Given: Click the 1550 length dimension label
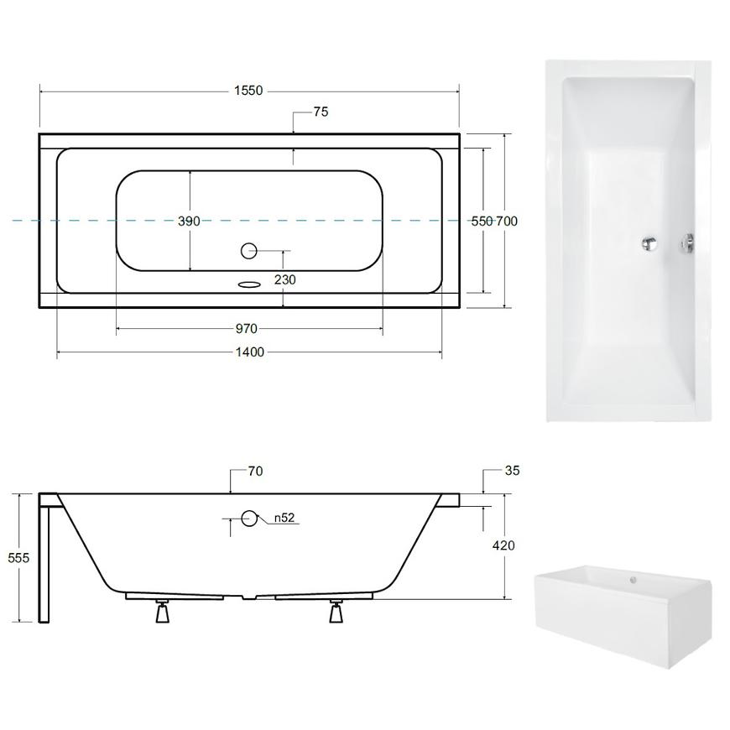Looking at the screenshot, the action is point(248,91).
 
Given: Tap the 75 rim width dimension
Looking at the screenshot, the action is point(321,112).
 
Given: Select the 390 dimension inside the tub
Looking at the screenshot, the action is point(189,222).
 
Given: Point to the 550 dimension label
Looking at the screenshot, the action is point(482,222).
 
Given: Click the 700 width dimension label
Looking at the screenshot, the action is point(507,222).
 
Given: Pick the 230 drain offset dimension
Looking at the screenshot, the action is point(285,279).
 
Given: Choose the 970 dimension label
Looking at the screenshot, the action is point(247,329).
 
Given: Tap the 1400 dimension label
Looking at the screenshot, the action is point(250,352).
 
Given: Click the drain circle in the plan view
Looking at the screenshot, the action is point(248,251).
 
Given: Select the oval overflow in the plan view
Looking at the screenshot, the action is point(248,284).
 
